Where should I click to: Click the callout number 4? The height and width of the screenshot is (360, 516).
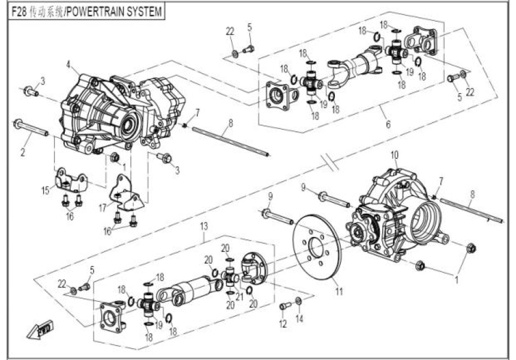tap(69, 64)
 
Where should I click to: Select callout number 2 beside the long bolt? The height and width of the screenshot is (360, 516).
tap(22, 152)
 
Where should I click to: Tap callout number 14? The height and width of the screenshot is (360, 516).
tap(299, 319)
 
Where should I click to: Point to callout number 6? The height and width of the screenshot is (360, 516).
tap(388, 125)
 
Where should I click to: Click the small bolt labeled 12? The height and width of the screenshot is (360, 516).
tap(285, 306)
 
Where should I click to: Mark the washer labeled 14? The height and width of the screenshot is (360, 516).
tap(298, 299)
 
